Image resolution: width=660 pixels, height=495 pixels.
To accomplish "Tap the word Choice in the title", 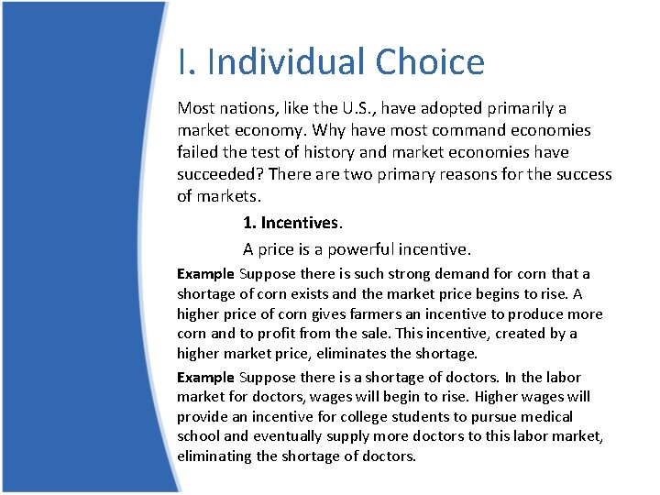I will [x=429, y=62].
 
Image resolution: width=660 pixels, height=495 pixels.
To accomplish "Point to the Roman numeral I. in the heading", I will [x=187, y=62].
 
